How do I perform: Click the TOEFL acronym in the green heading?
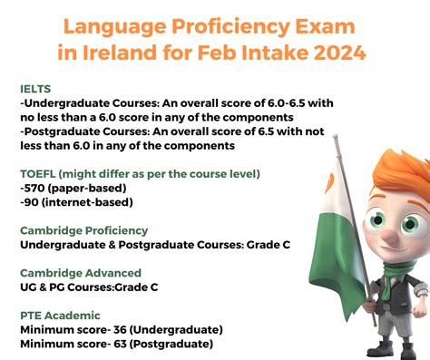(x=41, y=173)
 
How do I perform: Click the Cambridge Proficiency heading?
(x=83, y=230)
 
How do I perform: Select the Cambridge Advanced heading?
(x=80, y=273)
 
